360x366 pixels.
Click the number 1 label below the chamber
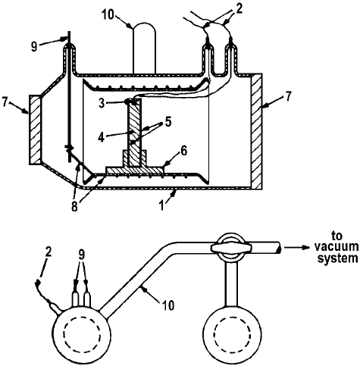point(162,205)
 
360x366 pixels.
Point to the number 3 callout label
point(102,104)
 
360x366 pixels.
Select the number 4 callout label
point(102,137)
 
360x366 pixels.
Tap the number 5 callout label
point(167,121)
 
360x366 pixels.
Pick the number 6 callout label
point(183,152)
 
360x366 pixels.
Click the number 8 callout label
point(74,207)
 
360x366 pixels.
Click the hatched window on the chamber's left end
point(35,130)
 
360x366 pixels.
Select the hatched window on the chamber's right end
point(257,131)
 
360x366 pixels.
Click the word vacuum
point(337,246)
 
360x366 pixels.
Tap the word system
point(337,258)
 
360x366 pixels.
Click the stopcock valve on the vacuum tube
point(230,248)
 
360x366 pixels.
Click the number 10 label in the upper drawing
point(108,15)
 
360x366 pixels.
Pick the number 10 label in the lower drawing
point(167,305)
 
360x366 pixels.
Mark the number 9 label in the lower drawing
point(81,255)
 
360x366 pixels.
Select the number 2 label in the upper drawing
point(239,9)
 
